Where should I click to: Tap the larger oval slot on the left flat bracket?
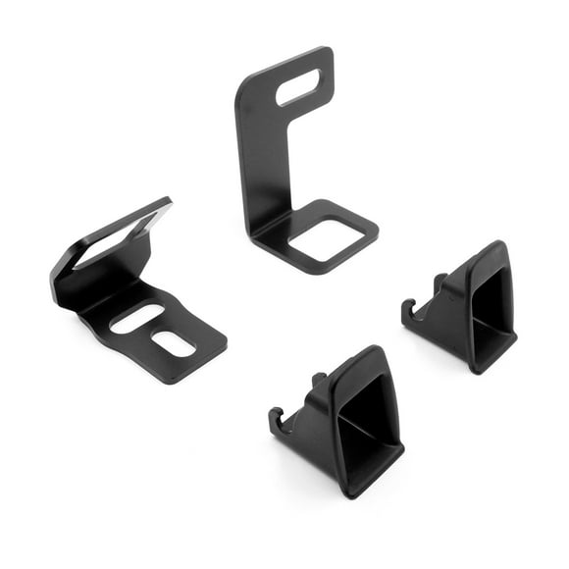coord(137,319)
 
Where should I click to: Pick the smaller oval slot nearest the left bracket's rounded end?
coord(174,344)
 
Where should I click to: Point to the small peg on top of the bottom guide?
coord(318,378)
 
